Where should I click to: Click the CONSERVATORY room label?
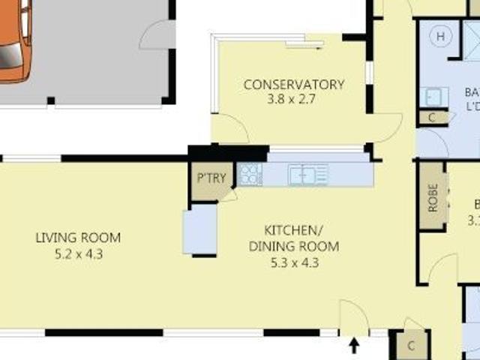pos(293,84)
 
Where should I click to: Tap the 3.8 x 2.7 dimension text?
pos(293,98)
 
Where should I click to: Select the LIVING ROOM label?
pos(78,217)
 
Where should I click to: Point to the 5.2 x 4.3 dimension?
pos(78,232)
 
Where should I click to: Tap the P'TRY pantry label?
pos(206,178)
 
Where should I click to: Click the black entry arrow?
pos(355,345)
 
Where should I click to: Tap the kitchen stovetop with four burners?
pos(250,175)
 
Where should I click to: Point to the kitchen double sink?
pos(308,175)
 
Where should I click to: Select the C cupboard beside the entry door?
pos(411,346)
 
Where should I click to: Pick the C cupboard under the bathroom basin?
pos(432,117)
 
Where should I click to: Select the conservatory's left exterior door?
pos(229,127)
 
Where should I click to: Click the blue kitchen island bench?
pos(199,229)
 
